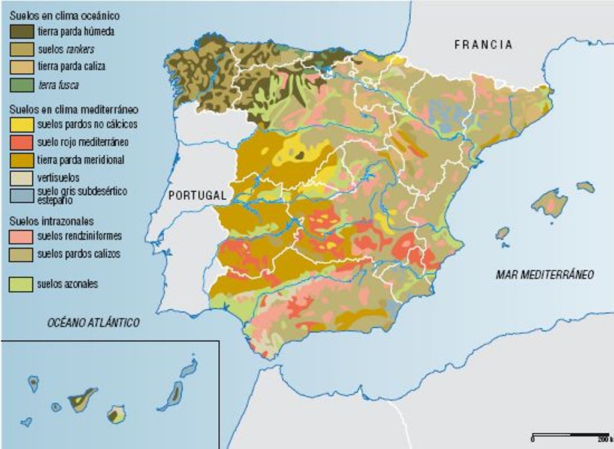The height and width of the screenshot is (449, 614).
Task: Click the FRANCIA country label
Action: (x=483, y=44)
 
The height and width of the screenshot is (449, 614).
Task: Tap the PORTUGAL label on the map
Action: (x=197, y=195)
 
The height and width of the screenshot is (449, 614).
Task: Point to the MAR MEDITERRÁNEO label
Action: (x=544, y=274)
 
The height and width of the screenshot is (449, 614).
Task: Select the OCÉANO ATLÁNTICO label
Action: (x=93, y=323)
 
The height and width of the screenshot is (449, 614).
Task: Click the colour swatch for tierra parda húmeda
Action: (x=22, y=31)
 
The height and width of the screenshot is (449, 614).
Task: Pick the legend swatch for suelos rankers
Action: (x=22, y=49)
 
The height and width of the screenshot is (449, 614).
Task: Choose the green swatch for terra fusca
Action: (x=22, y=85)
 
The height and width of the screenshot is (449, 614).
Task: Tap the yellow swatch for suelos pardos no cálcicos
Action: (x=22, y=124)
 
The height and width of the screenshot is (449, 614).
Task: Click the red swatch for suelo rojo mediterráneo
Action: (x=22, y=142)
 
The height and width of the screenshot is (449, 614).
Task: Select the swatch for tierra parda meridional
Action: (x=22, y=160)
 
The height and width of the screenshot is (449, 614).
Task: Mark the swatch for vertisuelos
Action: (x=22, y=178)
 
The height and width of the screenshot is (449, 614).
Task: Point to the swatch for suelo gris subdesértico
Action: (x=22, y=195)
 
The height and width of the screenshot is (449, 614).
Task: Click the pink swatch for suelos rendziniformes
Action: (x=22, y=236)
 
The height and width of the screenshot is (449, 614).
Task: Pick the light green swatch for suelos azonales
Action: (x=22, y=284)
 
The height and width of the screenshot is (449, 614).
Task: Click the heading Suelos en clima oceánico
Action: (x=65, y=15)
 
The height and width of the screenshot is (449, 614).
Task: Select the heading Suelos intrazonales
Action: (x=52, y=221)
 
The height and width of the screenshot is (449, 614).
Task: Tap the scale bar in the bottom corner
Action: (x=570, y=433)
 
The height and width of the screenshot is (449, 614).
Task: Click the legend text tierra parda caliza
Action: (x=71, y=67)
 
